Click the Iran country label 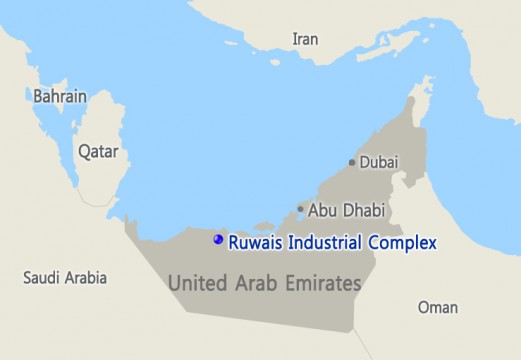point(306,38)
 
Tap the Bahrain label point(60,97)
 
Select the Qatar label point(98,152)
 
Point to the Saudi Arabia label point(65,278)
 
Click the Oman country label point(437,307)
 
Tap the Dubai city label point(379,161)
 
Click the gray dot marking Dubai point(351,162)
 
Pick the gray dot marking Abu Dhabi point(300,210)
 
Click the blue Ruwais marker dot point(218,240)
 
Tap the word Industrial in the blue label point(327,241)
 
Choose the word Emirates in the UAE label point(323,283)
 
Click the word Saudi point(42,278)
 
